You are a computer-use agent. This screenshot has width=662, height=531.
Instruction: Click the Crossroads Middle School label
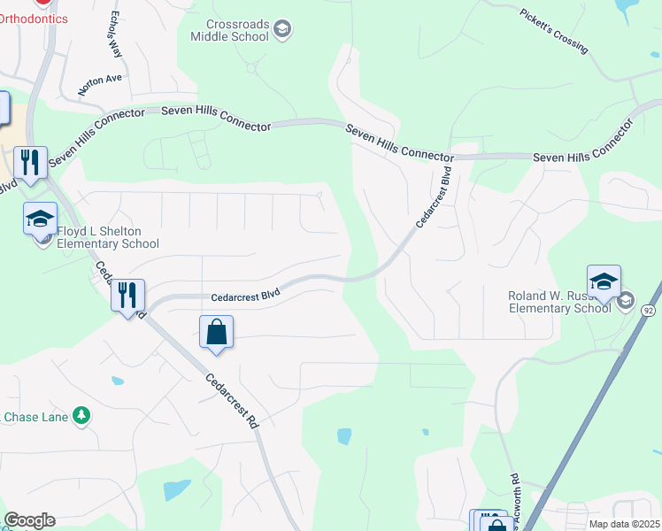(x=229, y=31)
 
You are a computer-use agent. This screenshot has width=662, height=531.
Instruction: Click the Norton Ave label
(x=100, y=79)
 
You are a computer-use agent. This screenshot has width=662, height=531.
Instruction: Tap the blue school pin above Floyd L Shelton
(x=40, y=218)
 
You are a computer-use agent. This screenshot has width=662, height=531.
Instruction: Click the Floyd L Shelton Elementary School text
(x=108, y=237)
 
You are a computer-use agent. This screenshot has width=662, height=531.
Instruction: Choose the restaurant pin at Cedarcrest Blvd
(x=127, y=295)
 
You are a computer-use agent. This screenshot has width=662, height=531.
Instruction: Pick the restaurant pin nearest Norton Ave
(x=31, y=162)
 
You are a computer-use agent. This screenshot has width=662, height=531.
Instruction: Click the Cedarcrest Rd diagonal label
(x=232, y=401)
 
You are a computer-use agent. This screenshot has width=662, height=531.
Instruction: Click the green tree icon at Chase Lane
(x=81, y=414)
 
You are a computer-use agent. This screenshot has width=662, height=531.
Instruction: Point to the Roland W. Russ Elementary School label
(x=559, y=302)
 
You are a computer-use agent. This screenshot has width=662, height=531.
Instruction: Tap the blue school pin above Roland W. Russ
(x=604, y=281)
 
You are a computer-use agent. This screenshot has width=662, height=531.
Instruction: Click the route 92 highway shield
(x=649, y=310)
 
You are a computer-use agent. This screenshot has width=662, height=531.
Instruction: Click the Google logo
(x=29, y=520)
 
